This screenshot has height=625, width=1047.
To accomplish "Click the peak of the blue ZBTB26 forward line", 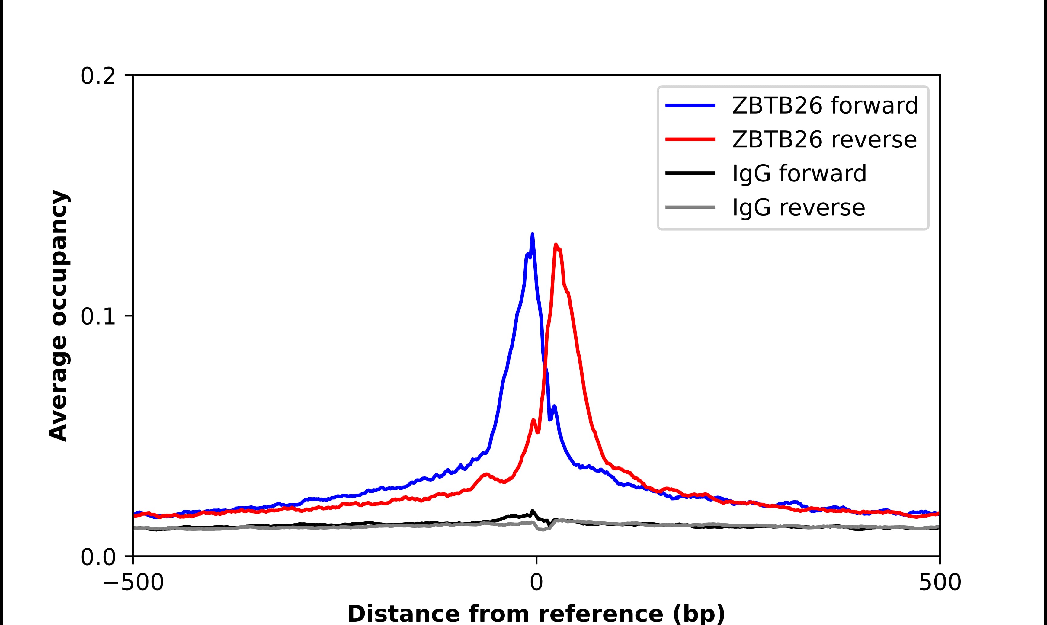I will [x=532, y=235].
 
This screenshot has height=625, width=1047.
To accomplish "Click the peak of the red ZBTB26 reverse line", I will [x=556, y=245].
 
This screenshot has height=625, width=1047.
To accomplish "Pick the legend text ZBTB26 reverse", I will [x=824, y=139].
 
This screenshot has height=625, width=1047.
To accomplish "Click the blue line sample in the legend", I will [x=690, y=105].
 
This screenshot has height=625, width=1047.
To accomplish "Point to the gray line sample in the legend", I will [x=690, y=207].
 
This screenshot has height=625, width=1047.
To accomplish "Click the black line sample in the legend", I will [x=690, y=173].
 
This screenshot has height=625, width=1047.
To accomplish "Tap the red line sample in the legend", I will [x=690, y=139].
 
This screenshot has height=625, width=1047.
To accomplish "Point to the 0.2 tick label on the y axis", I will [x=98, y=76].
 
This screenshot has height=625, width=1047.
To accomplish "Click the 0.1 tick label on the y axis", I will [x=98, y=316].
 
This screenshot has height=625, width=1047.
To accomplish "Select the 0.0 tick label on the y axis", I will [x=98, y=557].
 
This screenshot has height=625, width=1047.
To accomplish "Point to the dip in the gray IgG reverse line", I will [x=543, y=529].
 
